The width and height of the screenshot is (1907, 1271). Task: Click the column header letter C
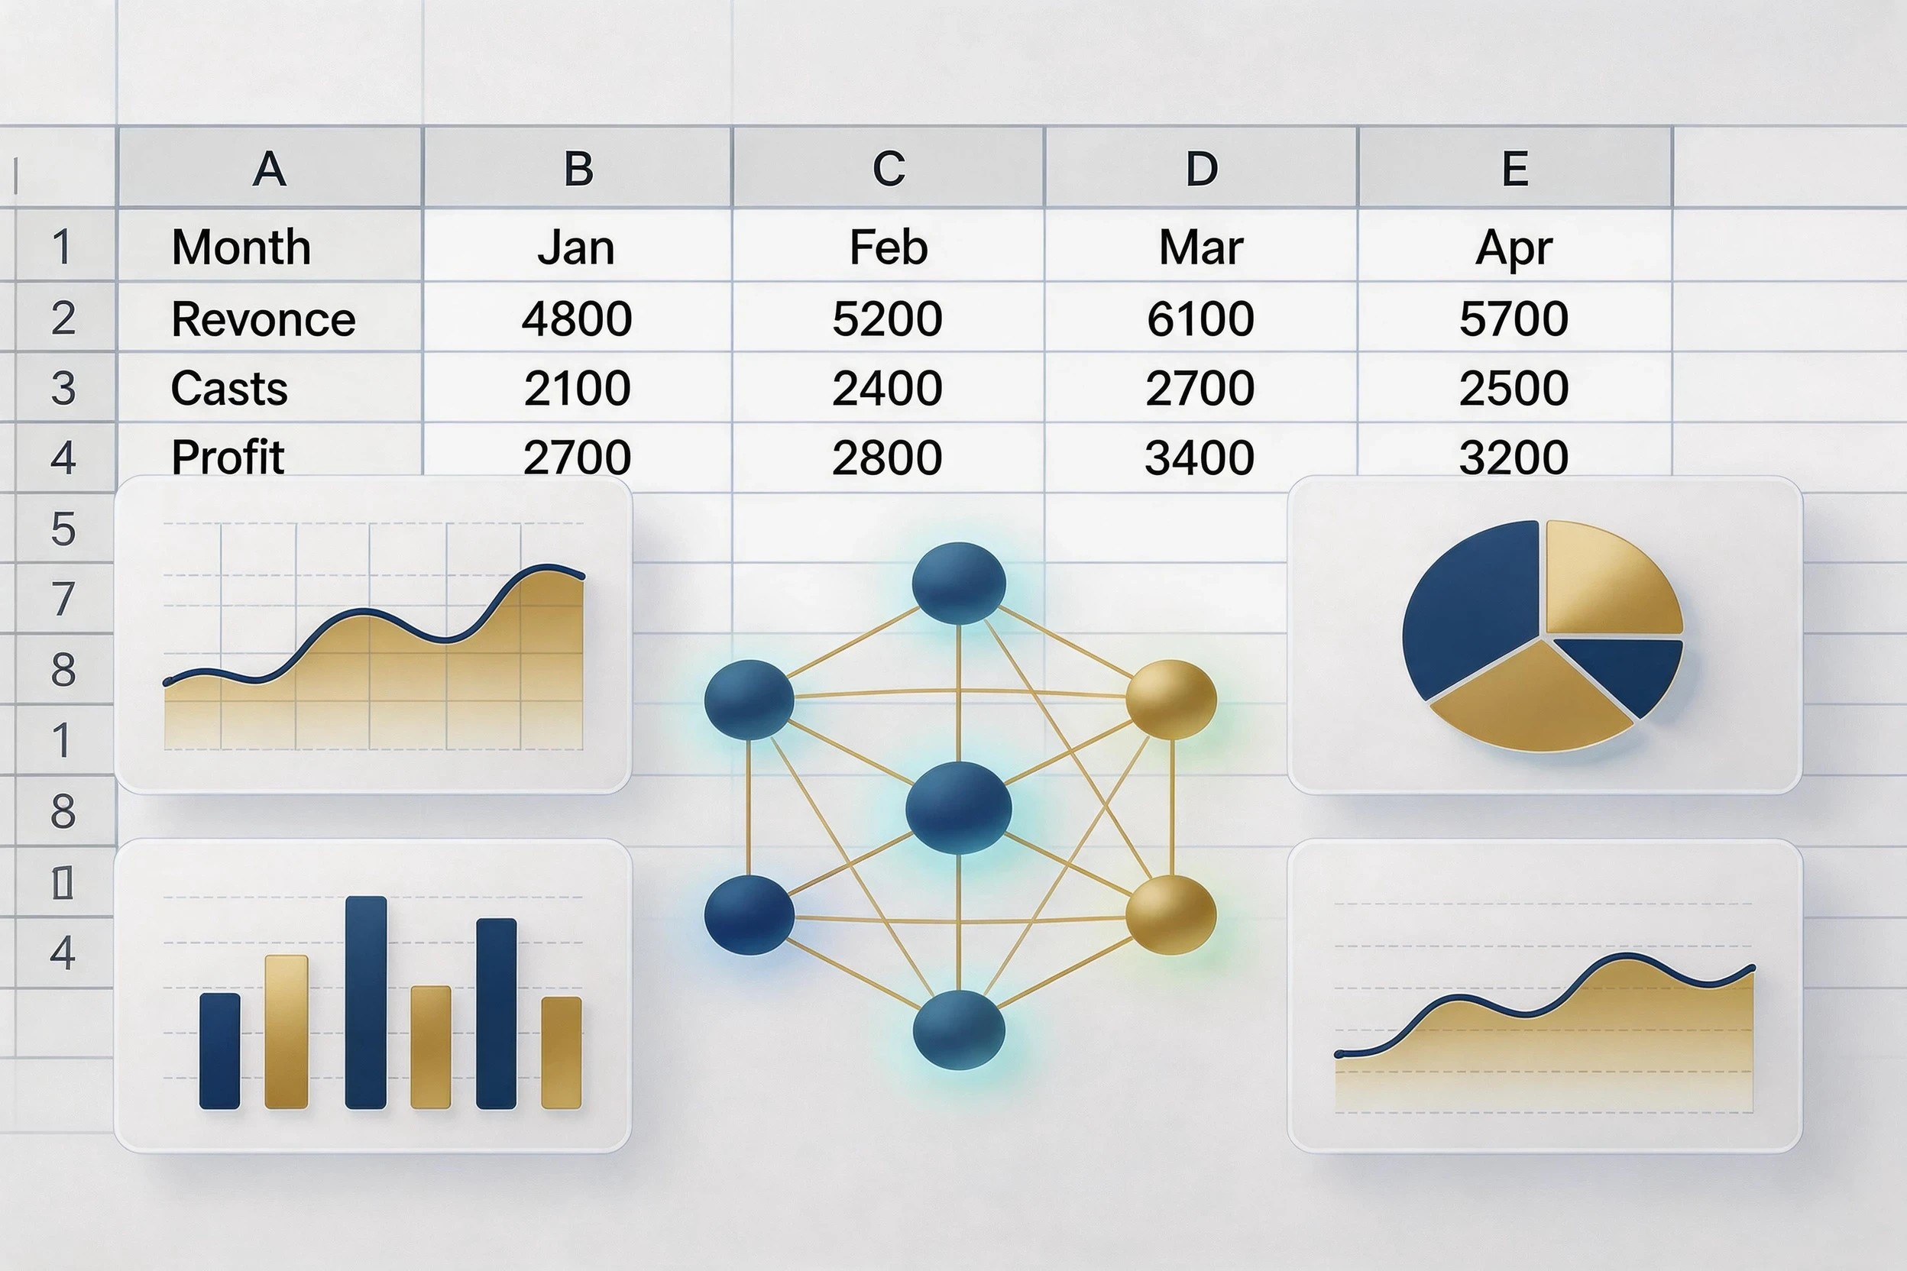coord(889,169)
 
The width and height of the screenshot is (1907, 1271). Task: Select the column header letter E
coord(1514,169)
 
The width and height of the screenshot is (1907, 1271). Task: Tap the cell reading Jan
coord(575,247)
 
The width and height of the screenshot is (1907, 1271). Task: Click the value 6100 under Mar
coord(1200,318)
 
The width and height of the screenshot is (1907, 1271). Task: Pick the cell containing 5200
coord(887,318)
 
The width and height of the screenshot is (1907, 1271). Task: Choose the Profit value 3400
coord(1200,458)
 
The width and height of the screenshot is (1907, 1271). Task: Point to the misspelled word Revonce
coord(264,319)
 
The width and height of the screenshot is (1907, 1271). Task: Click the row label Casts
coord(229,388)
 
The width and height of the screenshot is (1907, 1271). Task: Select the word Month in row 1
coord(241,247)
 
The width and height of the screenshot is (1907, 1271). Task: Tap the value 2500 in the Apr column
coord(1513,388)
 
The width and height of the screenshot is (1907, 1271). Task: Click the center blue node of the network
coord(958,807)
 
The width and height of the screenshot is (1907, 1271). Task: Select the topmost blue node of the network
coord(958,584)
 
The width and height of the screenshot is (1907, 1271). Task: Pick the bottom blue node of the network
coord(958,1030)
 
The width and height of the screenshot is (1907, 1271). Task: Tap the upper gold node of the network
coord(1170,699)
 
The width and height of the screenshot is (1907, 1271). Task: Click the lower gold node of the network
coord(1170,914)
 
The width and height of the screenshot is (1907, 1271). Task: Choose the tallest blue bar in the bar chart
coord(366,1002)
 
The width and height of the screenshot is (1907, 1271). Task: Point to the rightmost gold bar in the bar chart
coord(561,1052)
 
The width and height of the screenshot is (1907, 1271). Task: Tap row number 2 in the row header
coord(63,318)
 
